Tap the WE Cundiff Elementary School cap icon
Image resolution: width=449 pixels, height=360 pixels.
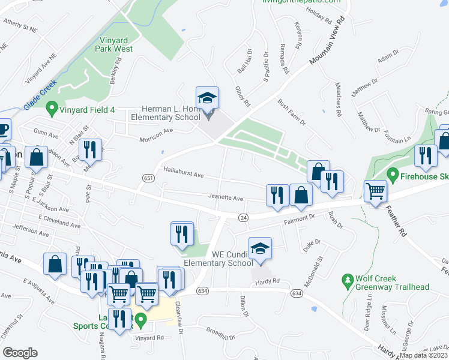260,249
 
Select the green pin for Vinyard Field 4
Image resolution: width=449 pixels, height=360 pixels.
52,109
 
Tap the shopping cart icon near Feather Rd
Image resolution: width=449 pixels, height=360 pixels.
376,192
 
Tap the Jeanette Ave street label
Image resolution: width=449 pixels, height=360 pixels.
225,198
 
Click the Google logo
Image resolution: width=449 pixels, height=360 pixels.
20,353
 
